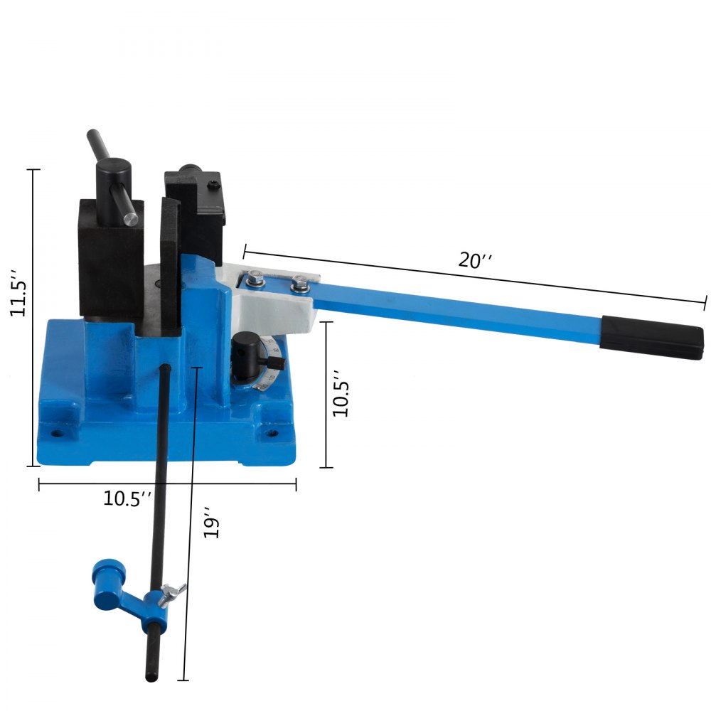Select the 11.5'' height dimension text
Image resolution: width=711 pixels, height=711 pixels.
(19, 292)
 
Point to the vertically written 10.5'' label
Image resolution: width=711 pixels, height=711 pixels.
(341, 392)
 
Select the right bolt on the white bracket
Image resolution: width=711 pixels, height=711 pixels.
(300, 286)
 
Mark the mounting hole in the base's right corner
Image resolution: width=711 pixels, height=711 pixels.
(269, 432)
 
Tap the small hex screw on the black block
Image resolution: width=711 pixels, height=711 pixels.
(213, 186)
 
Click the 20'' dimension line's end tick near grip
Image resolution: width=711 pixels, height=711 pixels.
(705, 301)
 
